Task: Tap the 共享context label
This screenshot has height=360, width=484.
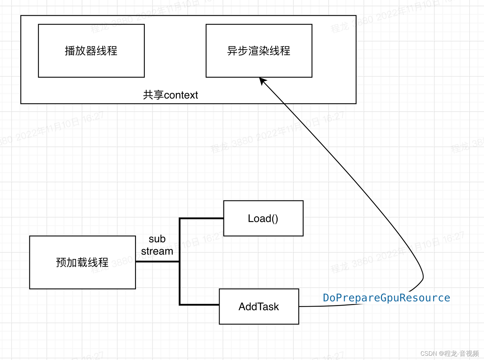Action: (170, 95)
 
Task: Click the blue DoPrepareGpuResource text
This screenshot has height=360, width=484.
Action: (386, 298)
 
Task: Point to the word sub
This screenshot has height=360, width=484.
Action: (157, 239)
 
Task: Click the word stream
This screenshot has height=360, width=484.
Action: (157, 251)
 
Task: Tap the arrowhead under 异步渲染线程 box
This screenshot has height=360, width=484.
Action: (262, 81)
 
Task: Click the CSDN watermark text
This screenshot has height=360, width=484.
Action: (449, 353)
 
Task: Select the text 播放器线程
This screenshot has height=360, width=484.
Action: (91, 51)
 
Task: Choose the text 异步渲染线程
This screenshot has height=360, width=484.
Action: (259, 51)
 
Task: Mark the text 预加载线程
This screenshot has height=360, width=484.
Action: (82, 262)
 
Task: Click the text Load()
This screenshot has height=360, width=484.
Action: (263, 219)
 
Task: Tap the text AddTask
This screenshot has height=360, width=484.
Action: (259, 307)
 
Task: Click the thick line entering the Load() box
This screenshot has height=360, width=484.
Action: (202, 218)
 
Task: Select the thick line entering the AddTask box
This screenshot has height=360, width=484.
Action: (199, 305)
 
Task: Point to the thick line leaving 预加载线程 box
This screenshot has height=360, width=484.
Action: (157, 262)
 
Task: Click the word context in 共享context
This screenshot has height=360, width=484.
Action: (181, 95)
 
